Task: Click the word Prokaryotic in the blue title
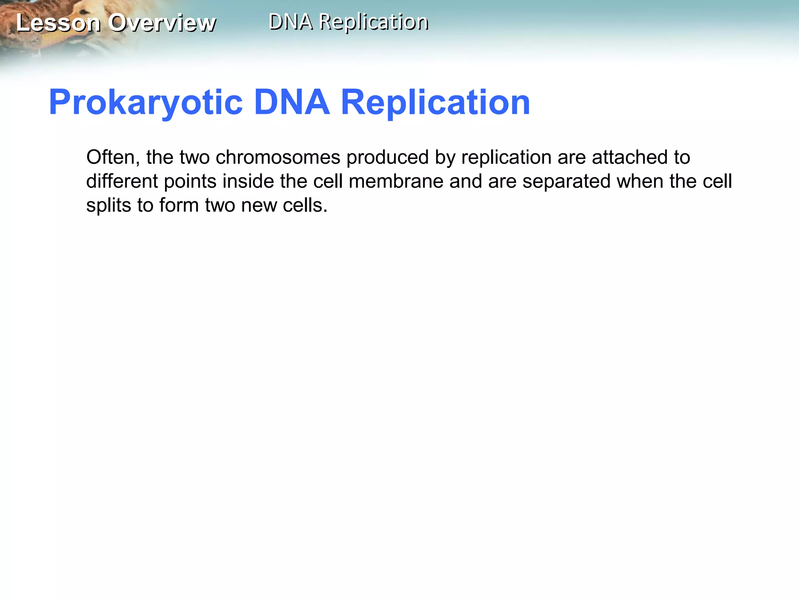pos(146,103)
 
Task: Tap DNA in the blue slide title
pos(291,102)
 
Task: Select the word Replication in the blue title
pos(435,102)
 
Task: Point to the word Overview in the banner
pos(162,23)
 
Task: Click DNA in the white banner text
pos(291,21)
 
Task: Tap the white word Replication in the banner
pos(373,22)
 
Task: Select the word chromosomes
pos(278,157)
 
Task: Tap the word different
pos(122,181)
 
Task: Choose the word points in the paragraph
pos(190,182)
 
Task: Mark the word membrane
pos(396,181)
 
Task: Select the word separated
pos(566,182)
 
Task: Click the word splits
pos(108,206)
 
